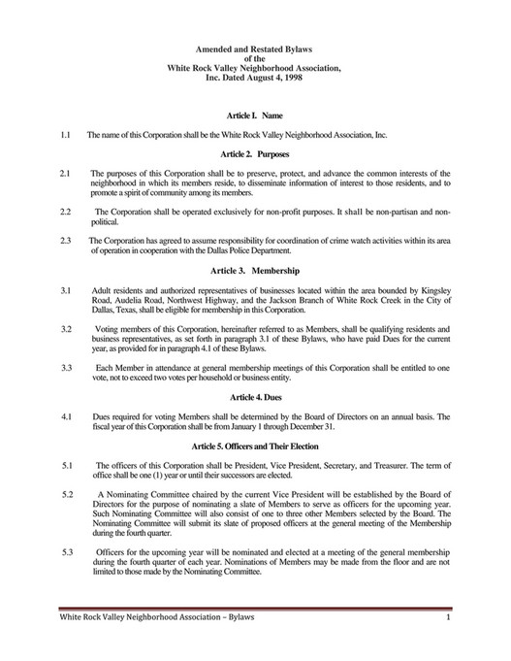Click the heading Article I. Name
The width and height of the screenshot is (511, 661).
255,116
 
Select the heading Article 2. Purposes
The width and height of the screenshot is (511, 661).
255,153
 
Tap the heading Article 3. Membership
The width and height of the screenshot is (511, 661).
255,269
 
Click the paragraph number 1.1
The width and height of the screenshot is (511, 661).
66,135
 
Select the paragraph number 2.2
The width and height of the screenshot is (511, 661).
66,211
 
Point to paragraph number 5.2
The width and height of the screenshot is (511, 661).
66,494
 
